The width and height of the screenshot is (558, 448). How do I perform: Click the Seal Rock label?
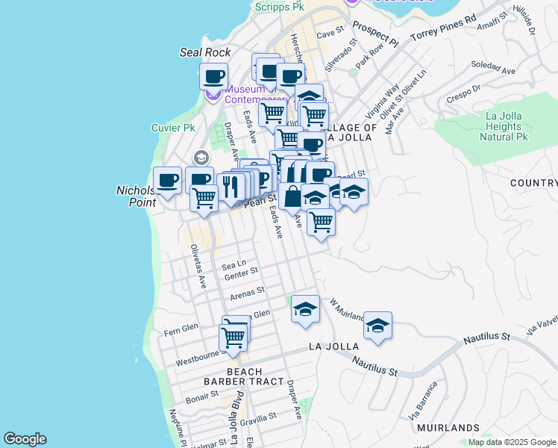coord(205,52)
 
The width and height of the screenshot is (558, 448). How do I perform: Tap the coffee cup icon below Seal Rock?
coord(214,76)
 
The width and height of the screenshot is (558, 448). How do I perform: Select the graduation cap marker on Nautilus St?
coord(378,326)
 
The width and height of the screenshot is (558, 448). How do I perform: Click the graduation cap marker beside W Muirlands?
coord(305,309)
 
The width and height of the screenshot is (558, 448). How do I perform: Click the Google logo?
coord(25,439)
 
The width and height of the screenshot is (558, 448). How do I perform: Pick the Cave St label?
coord(328,34)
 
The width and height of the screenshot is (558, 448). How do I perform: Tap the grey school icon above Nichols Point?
coord(199,158)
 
